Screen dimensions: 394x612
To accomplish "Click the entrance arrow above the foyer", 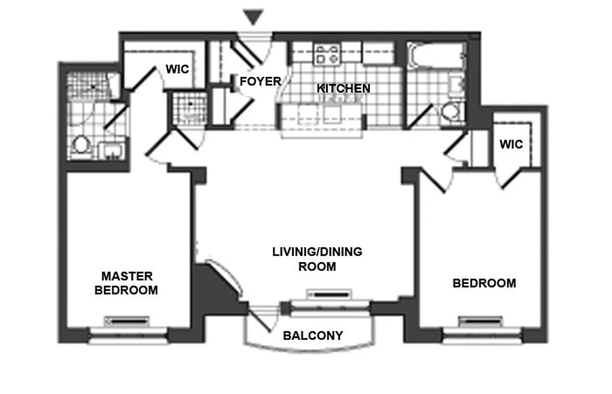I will pos(254,17).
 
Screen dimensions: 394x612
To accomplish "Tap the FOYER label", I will pos(260,81).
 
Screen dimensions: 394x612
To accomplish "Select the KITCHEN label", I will pos(343,89).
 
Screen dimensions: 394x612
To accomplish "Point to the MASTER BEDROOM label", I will pos(126,283).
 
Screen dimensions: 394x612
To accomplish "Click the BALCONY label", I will pos(313,336).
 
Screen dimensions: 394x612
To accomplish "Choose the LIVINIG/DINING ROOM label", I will pos(317,260).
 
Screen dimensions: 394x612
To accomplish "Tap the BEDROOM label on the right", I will pos(484,283).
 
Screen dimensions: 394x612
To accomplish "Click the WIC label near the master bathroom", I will pos(177,69).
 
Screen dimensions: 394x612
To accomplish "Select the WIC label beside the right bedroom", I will pos(511,145).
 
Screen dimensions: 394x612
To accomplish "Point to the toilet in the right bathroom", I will pos(450,112).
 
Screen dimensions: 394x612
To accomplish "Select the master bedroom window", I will pos(127,337).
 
